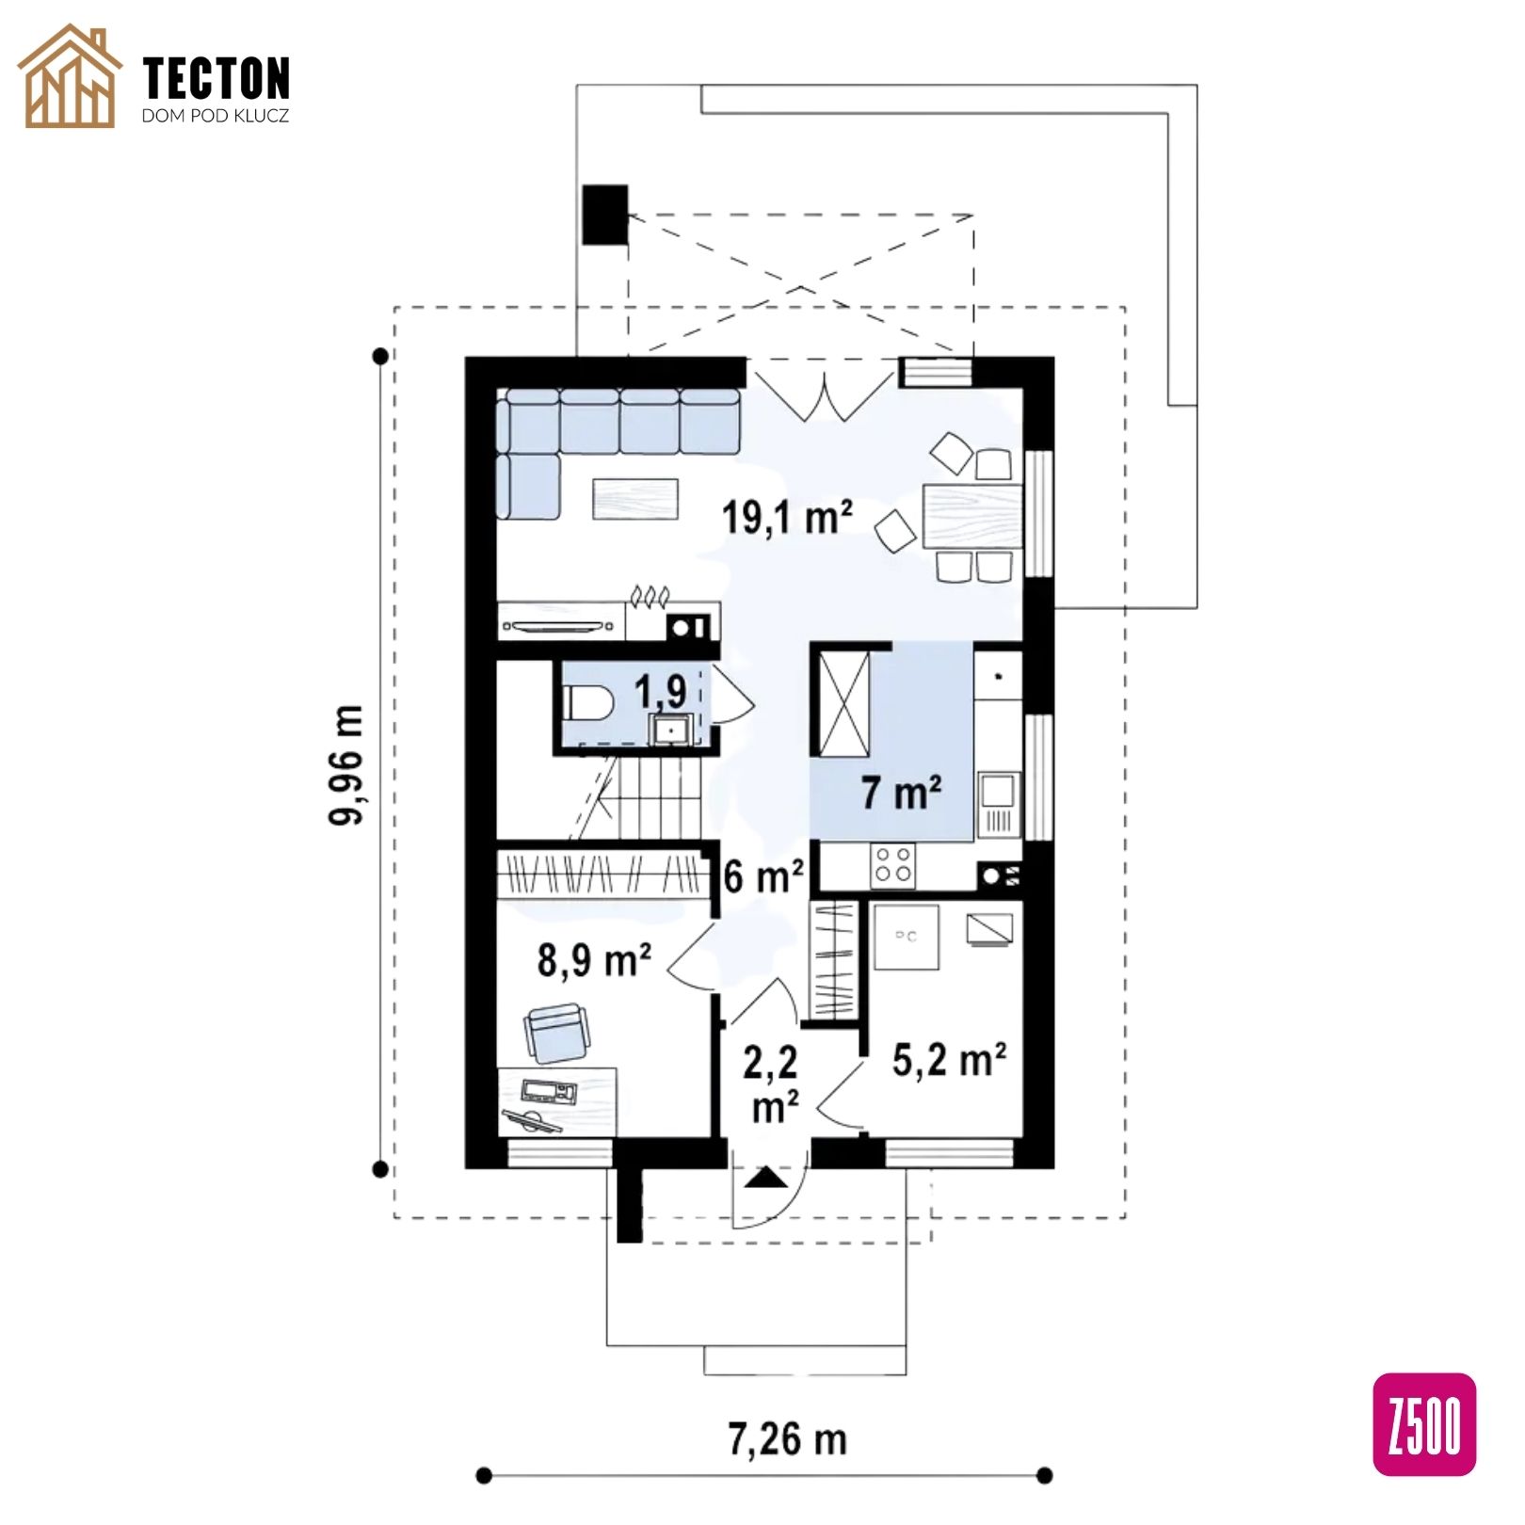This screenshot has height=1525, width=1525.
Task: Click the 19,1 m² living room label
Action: click(787, 517)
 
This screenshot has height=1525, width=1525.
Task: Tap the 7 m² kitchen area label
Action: click(901, 793)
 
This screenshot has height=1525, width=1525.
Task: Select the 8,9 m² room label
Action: click(594, 960)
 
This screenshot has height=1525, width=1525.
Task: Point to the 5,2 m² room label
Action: click(949, 1060)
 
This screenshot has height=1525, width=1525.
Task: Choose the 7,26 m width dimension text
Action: click(787, 1439)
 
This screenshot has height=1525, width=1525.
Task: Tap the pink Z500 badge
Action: click(1424, 1424)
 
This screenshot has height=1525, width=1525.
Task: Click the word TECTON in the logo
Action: click(217, 78)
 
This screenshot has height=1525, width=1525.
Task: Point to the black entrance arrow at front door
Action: click(768, 1178)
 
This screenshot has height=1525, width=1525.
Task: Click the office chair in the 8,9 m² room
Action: click(558, 1032)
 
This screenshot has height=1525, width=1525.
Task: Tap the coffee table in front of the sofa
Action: click(635, 499)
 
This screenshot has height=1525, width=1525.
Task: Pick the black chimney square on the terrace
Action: click(604, 215)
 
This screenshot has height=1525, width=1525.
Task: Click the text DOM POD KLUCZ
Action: click(216, 116)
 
